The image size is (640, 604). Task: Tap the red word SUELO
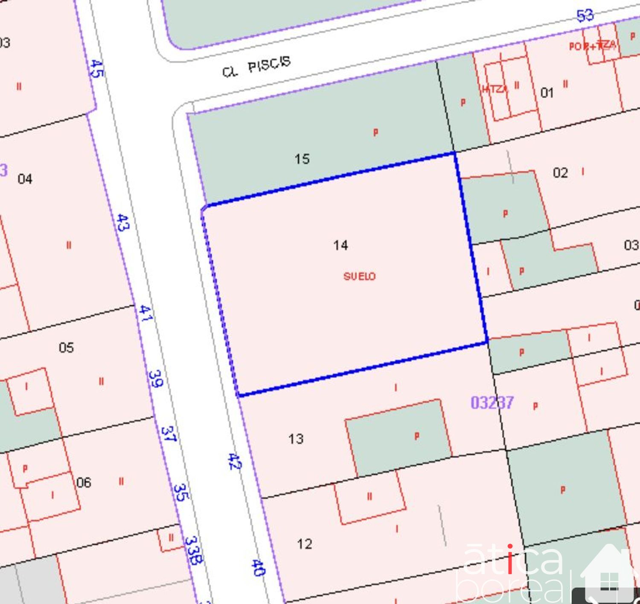pyautogui.click(x=359, y=276)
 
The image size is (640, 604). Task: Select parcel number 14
pyautogui.click(x=340, y=245)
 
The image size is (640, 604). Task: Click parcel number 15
pyautogui.click(x=302, y=159)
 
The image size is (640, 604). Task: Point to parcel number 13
pyautogui.click(x=296, y=439)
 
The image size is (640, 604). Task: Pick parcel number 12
pyautogui.click(x=305, y=544)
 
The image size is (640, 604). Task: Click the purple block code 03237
pyautogui.click(x=492, y=402)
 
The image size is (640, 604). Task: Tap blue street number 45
pyautogui.click(x=97, y=69)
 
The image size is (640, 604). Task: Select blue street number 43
pyautogui.click(x=123, y=223)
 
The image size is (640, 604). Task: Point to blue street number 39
pyautogui.click(x=156, y=378)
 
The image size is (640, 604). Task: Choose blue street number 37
pyautogui.click(x=169, y=434)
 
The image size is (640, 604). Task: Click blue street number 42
pyautogui.click(x=234, y=462)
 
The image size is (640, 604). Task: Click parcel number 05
pyautogui.click(x=66, y=347)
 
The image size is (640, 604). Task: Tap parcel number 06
pyautogui.click(x=84, y=483)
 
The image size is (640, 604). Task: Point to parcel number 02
pyautogui.click(x=560, y=173)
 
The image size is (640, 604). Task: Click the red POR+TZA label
pyautogui.click(x=592, y=45)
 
